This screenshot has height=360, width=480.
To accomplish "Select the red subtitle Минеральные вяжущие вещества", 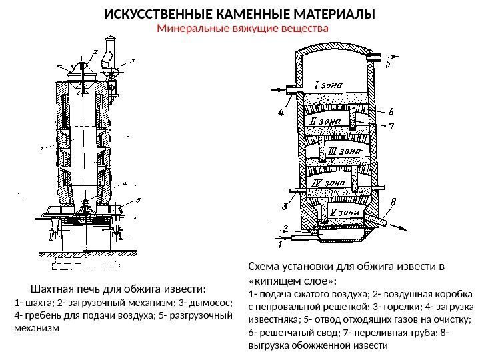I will [x=243, y=29].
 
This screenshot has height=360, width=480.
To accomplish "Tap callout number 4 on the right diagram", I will [x=280, y=113].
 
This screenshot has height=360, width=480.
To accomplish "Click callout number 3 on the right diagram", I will [x=285, y=206].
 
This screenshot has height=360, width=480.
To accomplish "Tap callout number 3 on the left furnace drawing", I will [x=132, y=61].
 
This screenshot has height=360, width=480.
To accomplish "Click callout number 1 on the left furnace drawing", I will [x=41, y=147].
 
